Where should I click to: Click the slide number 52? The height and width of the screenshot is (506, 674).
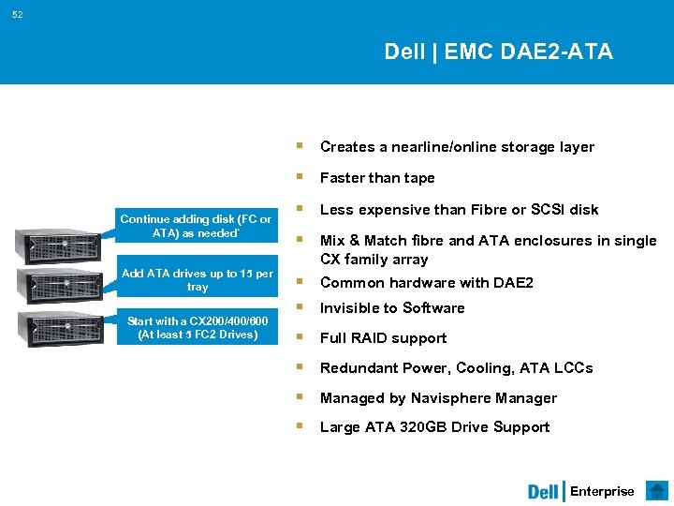[19, 15]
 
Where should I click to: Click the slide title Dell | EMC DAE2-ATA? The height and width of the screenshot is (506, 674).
[498, 52]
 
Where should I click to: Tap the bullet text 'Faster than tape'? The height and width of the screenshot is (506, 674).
[377, 178]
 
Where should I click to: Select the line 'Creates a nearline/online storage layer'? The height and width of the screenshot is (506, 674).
[457, 147]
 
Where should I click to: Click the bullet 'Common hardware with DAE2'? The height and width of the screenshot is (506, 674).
[426, 283]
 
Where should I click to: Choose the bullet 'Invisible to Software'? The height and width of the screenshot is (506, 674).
[392, 308]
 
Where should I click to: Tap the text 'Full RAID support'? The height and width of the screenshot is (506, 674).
[383, 338]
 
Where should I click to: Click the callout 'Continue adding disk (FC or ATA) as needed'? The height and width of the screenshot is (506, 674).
[198, 226]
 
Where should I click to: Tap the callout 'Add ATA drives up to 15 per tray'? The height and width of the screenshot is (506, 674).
[198, 280]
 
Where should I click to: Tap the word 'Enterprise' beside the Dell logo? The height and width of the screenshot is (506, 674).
[602, 492]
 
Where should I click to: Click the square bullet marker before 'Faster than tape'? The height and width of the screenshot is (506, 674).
[299, 177]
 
